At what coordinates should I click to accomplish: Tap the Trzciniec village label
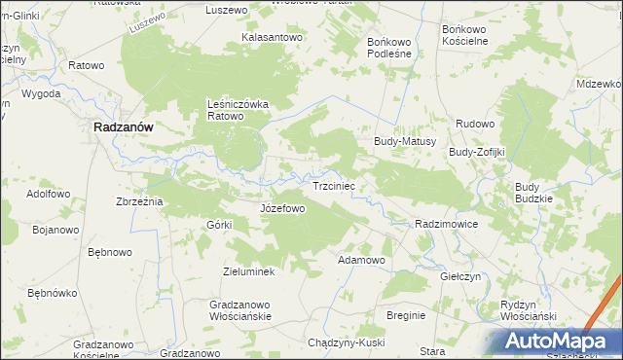[x=338, y=185]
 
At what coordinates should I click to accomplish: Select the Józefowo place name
[x=283, y=208]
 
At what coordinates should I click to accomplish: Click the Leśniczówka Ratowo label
[x=238, y=110]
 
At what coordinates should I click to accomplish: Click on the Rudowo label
[x=477, y=125]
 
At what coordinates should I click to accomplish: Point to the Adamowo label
[x=361, y=261]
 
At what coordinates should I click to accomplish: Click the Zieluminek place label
[x=249, y=271]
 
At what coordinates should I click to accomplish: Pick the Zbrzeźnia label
[x=138, y=201]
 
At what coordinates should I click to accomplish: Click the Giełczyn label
[x=460, y=276]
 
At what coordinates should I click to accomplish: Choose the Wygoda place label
[x=42, y=94]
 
